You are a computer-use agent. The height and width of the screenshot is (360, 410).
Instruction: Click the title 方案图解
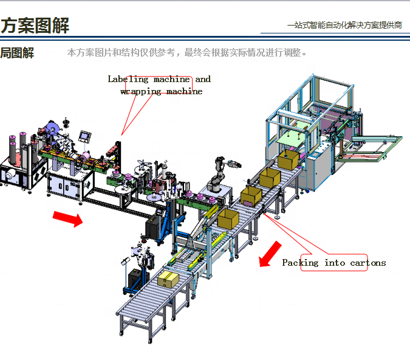[x=35, y=26]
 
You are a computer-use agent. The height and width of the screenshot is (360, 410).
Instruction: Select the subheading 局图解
[x=17, y=53]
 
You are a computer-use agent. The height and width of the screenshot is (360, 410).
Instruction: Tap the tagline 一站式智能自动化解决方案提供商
[x=344, y=25]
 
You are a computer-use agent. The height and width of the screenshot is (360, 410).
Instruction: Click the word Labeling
[x=128, y=79]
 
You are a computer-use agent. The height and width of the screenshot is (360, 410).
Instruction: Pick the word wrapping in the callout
[x=141, y=91]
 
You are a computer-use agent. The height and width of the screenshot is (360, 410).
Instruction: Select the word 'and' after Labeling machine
[x=203, y=79]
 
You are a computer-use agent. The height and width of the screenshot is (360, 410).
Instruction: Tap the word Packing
[x=300, y=263]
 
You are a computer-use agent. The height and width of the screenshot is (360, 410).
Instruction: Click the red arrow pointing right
[x=67, y=218]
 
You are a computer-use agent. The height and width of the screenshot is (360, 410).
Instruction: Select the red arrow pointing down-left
[x=270, y=254]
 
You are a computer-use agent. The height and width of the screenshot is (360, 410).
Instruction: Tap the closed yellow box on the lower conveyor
[x=168, y=279]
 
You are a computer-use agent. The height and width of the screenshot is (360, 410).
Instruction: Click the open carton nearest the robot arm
[x=228, y=219]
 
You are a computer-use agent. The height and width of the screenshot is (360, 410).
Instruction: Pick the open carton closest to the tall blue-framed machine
[x=289, y=160]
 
